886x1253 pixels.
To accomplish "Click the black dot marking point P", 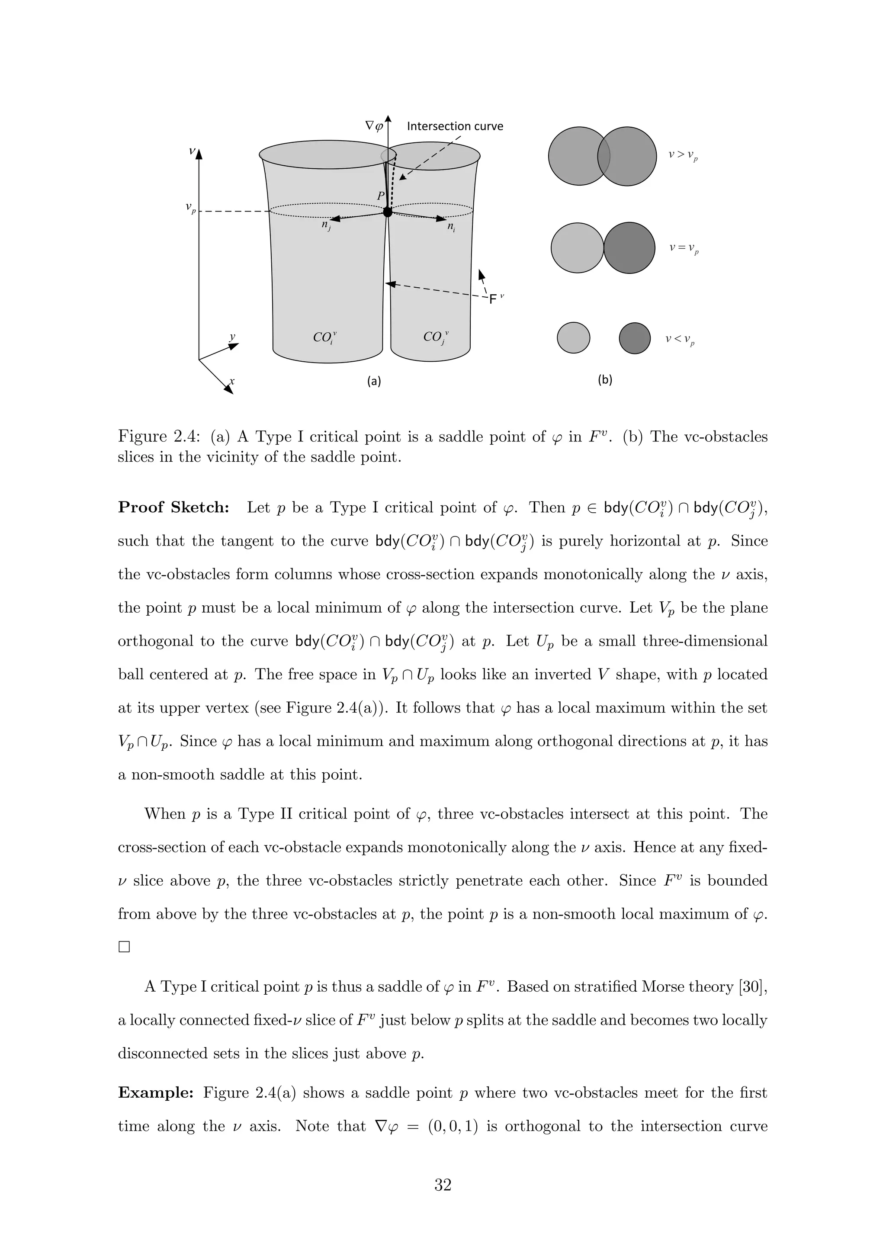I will click(387, 212).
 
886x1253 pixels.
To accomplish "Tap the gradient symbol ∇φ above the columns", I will click(374, 125).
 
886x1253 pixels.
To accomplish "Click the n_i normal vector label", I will click(451, 227).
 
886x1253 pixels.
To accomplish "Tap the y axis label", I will click(232, 337).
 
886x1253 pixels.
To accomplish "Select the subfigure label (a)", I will click(374, 381).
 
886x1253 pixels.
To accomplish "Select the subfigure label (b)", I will click(605, 380).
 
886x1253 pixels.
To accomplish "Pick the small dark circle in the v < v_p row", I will click(635, 338).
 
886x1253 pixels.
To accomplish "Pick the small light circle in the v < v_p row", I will click(573, 338).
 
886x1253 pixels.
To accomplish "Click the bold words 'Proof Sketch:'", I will click(173, 508).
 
